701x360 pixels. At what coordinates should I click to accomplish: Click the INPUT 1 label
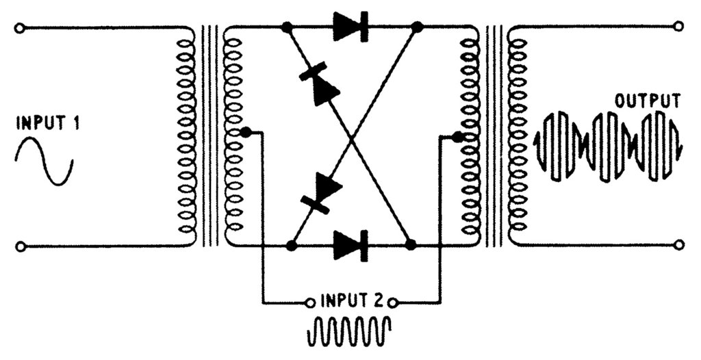point(48,123)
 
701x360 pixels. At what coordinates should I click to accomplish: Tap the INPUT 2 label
point(352,302)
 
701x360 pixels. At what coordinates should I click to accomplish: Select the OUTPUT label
point(648,101)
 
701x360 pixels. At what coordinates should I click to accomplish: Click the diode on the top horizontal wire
point(351,27)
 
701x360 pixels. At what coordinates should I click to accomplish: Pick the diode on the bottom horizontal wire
point(351,245)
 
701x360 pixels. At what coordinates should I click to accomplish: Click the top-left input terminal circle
point(19,28)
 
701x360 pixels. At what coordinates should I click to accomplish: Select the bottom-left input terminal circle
point(20,246)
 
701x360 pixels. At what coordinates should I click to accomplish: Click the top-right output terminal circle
point(678,27)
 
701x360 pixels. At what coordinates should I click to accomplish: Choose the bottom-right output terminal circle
point(678,244)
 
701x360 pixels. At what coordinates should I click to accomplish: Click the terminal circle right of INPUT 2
point(392,303)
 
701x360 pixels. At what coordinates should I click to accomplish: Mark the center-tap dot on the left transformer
point(246,132)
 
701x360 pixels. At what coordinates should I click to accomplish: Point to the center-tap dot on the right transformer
point(457,136)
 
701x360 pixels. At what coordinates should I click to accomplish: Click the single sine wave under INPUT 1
point(44,161)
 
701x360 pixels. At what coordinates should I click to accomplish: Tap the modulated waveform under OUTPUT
point(608,146)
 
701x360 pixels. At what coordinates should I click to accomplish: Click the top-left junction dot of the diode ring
point(287,28)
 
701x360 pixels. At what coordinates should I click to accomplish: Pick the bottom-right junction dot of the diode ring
point(410,244)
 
